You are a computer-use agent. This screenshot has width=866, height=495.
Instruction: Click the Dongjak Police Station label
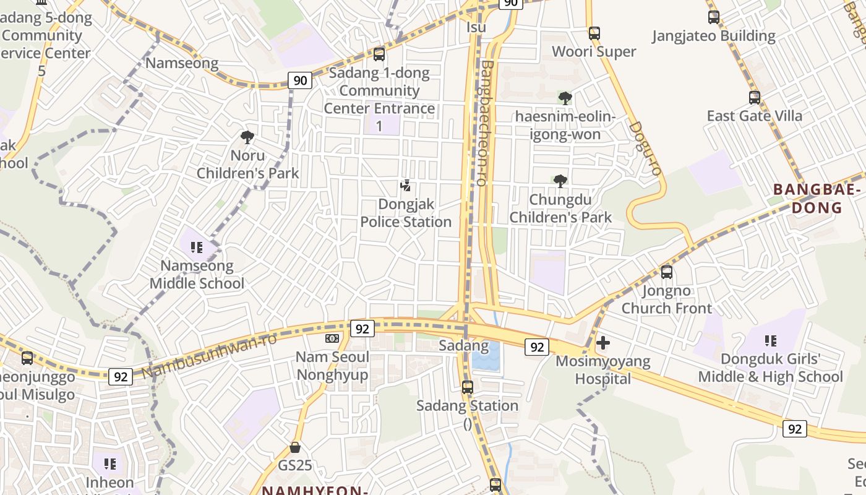point(406,213)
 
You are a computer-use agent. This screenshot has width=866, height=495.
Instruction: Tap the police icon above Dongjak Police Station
point(406,185)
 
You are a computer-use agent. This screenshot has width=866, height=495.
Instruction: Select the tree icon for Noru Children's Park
point(247,137)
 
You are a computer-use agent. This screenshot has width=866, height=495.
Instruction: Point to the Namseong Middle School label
point(197,275)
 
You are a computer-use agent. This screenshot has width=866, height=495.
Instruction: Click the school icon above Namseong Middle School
point(197,248)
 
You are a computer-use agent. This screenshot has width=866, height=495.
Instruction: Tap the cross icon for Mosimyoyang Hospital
point(603,342)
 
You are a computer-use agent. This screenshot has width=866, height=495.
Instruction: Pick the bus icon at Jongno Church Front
point(667,272)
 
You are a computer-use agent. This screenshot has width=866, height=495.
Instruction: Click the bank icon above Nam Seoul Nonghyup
point(332,338)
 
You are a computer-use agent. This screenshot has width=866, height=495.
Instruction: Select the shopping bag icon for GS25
point(295,447)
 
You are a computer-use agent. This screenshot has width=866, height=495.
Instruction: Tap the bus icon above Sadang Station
point(468,387)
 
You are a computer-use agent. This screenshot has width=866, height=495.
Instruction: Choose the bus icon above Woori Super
point(594,33)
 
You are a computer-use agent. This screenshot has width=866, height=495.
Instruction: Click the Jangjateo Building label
point(714,36)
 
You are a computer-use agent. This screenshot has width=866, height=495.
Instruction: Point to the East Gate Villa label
point(755,116)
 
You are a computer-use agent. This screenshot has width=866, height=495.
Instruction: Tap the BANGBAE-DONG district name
point(818,199)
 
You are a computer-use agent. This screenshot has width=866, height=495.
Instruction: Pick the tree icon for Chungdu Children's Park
point(560,181)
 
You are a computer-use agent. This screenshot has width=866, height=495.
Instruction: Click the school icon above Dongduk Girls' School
point(770,340)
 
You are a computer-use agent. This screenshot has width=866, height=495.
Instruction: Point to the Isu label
point(476,28)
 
